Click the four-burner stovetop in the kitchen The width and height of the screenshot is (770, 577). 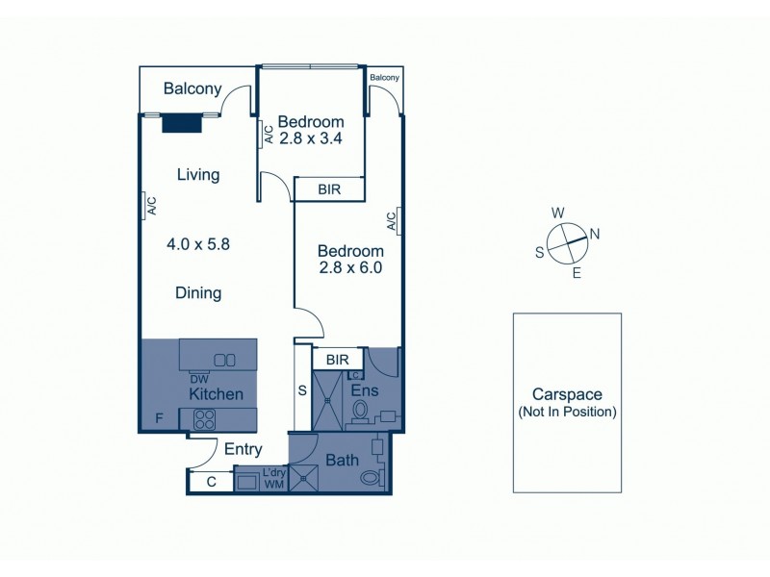click(x=204, y=418)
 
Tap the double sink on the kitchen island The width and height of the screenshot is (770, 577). click(x=224, y=360)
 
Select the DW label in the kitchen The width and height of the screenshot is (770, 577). click(x=199, y=379)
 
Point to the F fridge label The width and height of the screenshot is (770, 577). click(x=159, y=418)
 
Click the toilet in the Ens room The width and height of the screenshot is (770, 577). click(x=361, y=411)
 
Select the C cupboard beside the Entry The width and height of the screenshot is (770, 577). click(x=211, y=482)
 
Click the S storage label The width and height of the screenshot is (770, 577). click(x=303, y=391)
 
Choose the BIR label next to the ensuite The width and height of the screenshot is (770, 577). click(x=337, y=359)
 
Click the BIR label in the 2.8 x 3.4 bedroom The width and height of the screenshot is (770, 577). click(x=328, y=189)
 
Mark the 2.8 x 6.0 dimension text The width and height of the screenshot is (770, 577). click(x=350, y=268)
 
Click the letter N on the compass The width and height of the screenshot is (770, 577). click(x=594, y=234)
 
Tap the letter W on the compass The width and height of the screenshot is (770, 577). click(x=557, y=213)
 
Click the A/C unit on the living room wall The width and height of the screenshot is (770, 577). click(x=151, y=206)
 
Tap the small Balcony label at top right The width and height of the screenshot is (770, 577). click(x=384, y=78)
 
